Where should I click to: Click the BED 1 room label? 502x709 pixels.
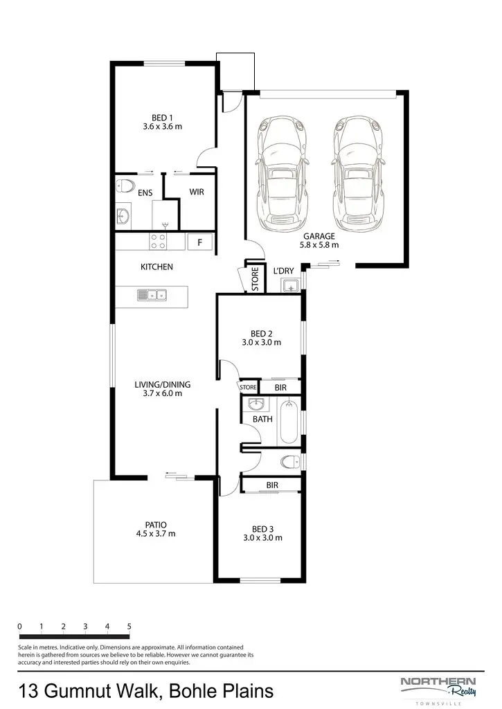point(162,118)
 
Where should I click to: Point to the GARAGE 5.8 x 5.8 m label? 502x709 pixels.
point(319,240)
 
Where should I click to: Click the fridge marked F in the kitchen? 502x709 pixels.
point(200,242)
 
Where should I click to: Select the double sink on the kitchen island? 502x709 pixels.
point(152,296)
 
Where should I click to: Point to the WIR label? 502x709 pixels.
point(197,192)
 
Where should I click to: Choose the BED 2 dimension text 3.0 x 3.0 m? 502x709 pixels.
point(261,343)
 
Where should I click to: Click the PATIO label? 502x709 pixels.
point(156,524)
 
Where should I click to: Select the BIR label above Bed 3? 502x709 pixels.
point(272,485)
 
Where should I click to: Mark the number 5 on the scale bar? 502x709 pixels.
point(129,627)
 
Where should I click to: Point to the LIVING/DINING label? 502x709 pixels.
point(162,384)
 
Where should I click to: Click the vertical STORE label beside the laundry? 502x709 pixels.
point(255,279)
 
